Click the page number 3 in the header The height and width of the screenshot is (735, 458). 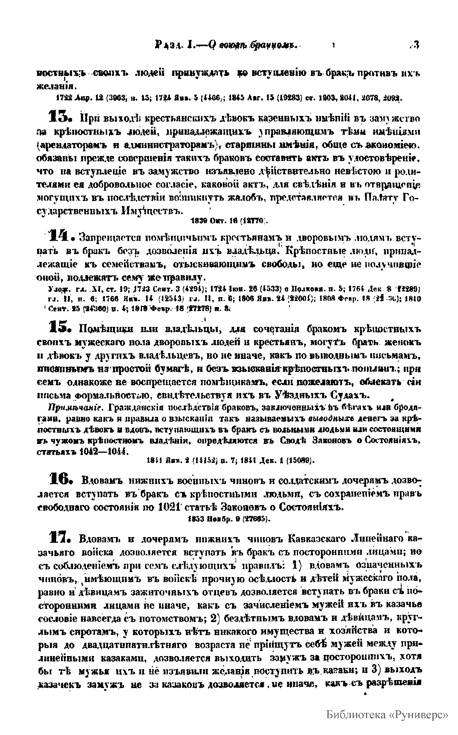(x=416, y=45)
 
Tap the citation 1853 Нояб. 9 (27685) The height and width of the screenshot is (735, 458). (x=229, y=519)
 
